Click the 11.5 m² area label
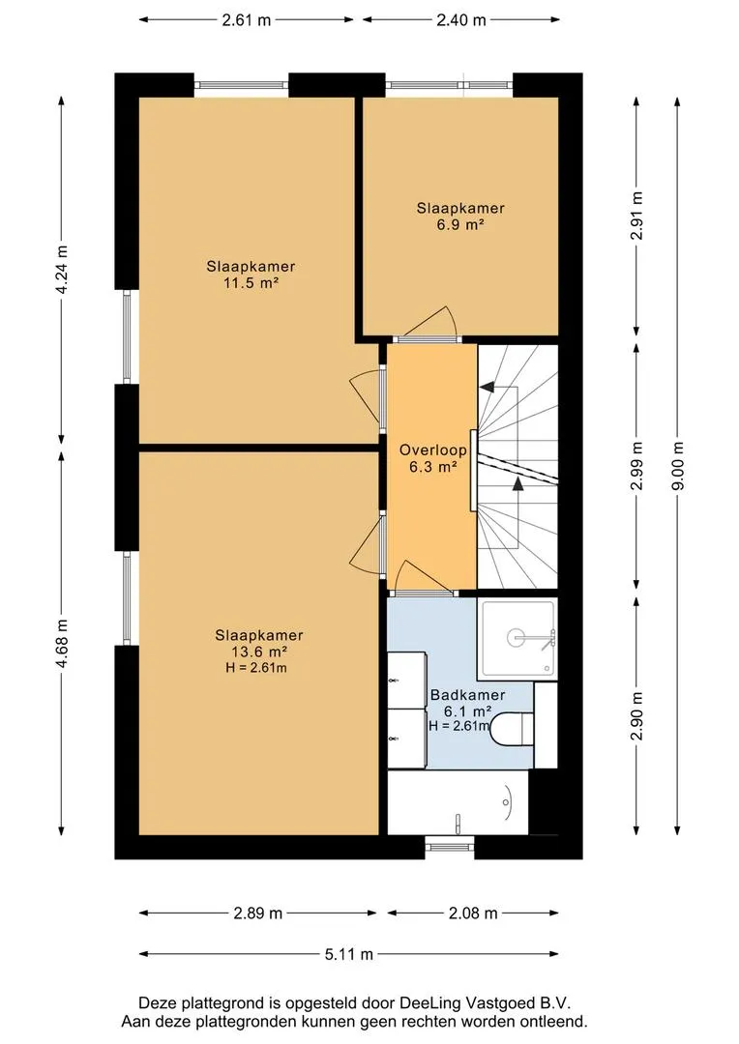coord(251,283)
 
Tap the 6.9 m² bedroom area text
coord(460,225)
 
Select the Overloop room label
coord(432,450)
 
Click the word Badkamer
coord(467,695)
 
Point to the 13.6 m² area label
coord(259,652)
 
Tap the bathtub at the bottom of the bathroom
coord(458,802)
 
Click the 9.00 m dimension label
coord(678,466)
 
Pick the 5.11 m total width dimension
coord(349,954)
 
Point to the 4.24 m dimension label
coord(62,270)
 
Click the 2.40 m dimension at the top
coord(461,20)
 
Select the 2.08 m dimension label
coord(473,913)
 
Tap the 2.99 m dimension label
coord(637,466)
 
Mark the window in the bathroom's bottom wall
coord(450,847)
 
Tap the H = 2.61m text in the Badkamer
coord(459,726)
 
